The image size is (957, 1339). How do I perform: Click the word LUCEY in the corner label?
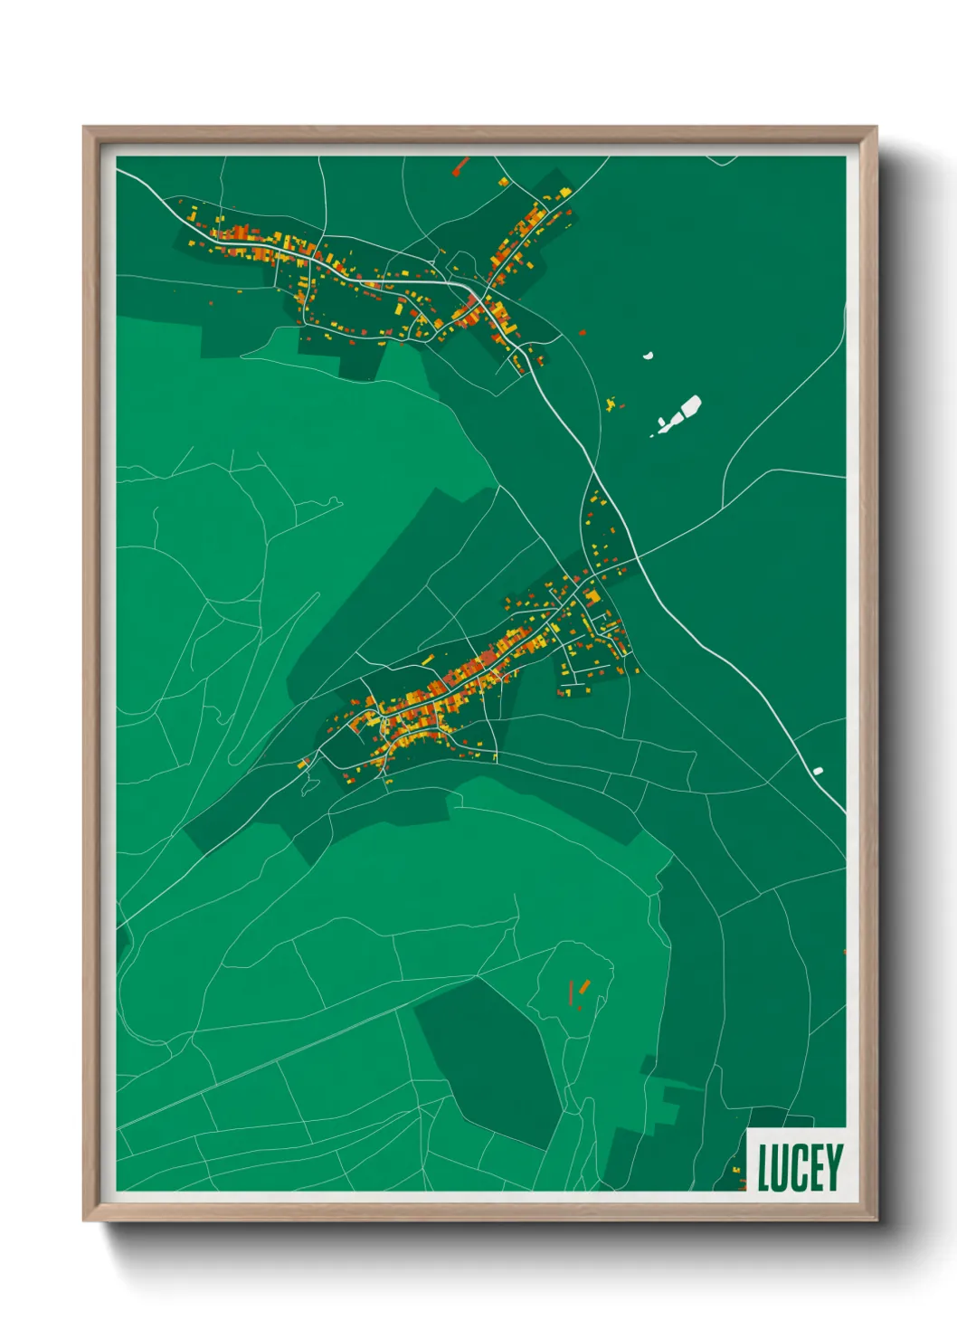[800, 1167]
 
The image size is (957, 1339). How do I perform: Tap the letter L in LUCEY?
[764, 1168]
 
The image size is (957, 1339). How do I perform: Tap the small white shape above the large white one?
[649, 356]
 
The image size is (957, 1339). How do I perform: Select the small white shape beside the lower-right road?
[818, 771]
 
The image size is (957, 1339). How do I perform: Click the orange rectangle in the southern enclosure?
[584, 985]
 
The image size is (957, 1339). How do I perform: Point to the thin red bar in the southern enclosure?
[571, 992]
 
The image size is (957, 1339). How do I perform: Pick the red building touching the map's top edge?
[461, 165]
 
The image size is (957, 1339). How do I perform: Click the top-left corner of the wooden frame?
[84, 128]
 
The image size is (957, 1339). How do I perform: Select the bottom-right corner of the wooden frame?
[876, 1220]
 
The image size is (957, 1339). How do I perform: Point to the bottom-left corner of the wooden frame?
[84, 1220]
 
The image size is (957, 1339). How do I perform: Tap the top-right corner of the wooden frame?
[876, 128]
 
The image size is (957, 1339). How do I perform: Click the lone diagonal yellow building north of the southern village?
[428, 660]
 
